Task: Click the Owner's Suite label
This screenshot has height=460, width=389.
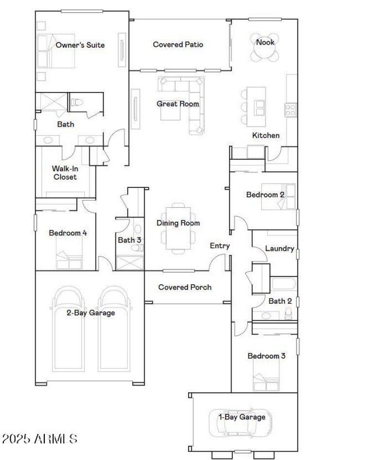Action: click(x=80, y=45)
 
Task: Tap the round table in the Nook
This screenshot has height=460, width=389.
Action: click(x=265, y=48)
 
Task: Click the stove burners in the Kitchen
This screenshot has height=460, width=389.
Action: click(x=290, y=110)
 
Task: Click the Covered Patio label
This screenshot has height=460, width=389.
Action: click(x=178, y=44)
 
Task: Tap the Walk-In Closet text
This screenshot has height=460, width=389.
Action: click(x=65, y=173)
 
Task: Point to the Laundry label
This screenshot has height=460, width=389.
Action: click(x=280, y=249)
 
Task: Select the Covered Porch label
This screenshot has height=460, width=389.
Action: click(x=185, y=287)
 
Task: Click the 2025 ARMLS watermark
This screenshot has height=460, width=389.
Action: click(x=40, y=439)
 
